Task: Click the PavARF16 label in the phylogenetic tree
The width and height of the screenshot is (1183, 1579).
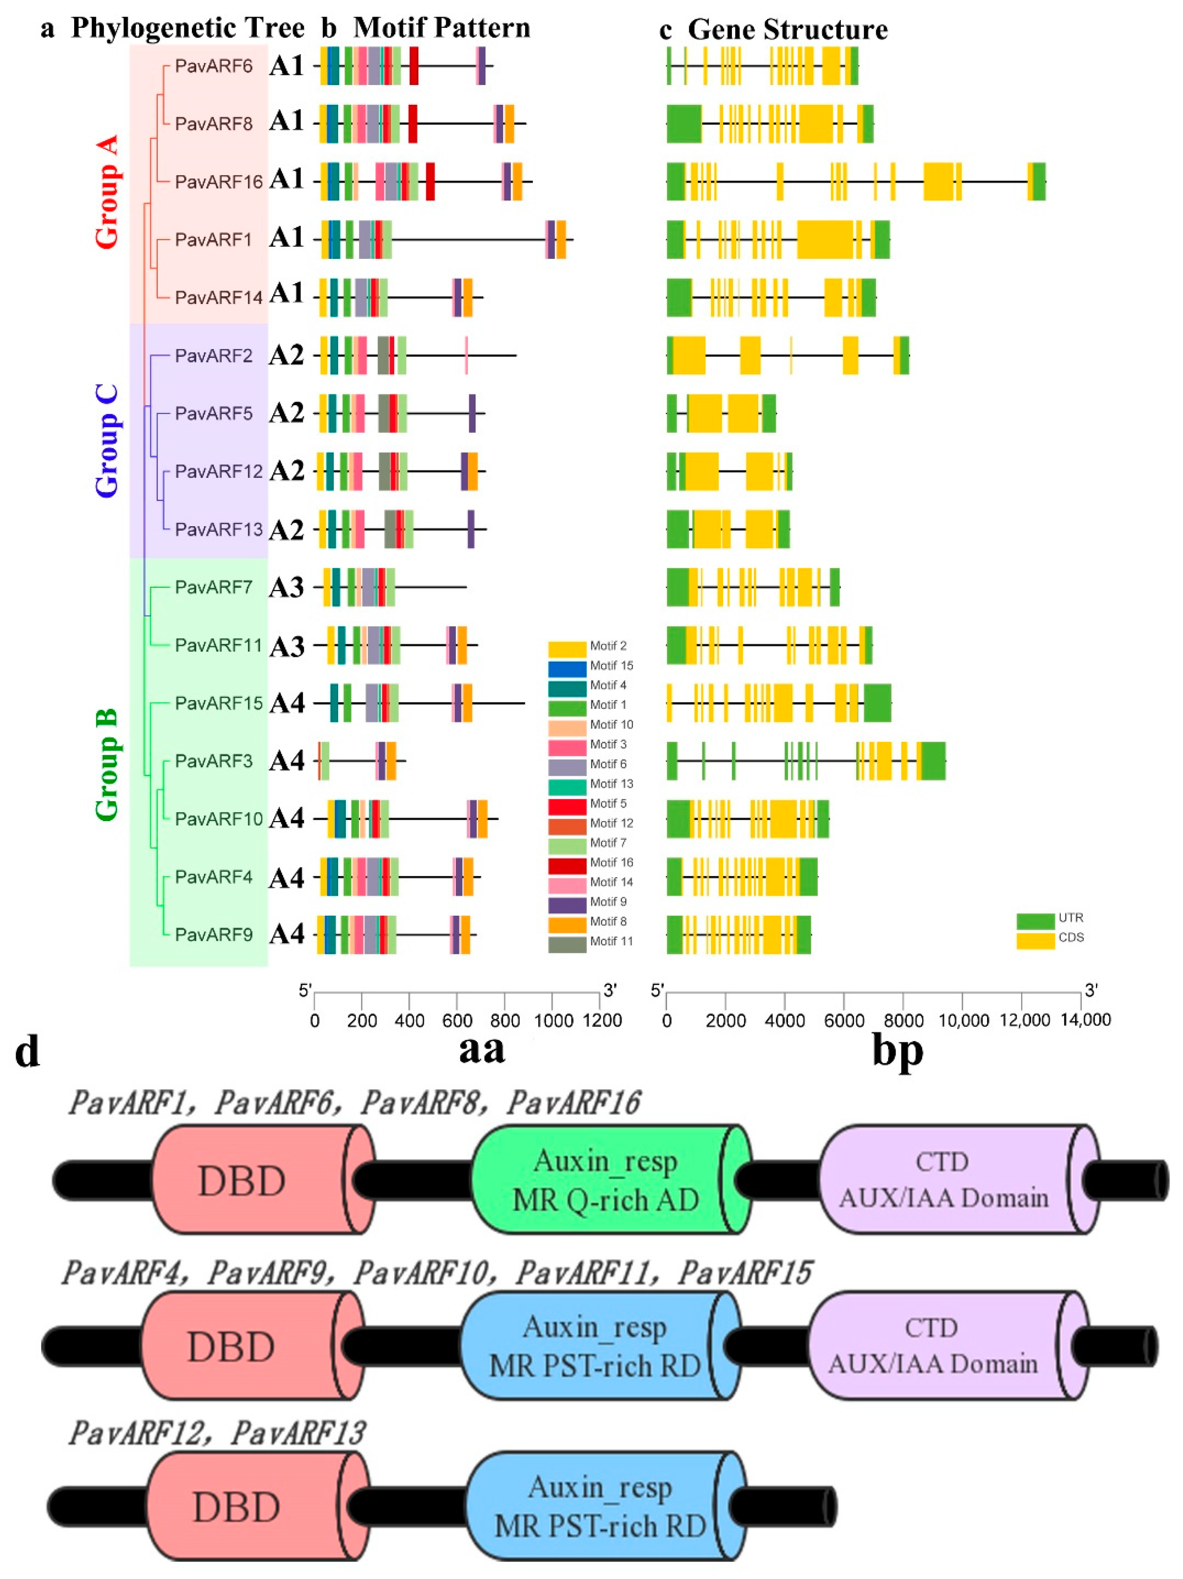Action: pos(218,182)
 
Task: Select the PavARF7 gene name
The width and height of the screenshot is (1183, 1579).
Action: pos(213,587)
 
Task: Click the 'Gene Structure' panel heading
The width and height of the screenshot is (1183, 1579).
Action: pos(787,30)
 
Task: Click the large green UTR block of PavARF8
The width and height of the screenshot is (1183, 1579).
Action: pos(684,123)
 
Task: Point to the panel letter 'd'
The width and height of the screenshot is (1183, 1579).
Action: pos(27,1052)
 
